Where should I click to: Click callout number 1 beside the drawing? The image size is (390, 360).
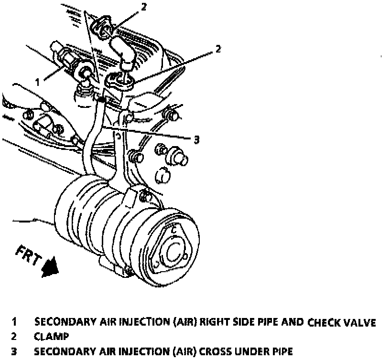tap(38, 82)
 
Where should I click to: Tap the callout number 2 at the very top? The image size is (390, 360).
tap(143, 7)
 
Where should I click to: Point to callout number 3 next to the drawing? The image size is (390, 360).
tap(196, 139)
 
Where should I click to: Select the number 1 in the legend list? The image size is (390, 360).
tap(15, 322)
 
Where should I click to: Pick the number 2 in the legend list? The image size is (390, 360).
tap(14, 337)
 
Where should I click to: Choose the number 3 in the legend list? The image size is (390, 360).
tap(14, 352)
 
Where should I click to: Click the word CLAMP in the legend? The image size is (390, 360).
tap(51, 337)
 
